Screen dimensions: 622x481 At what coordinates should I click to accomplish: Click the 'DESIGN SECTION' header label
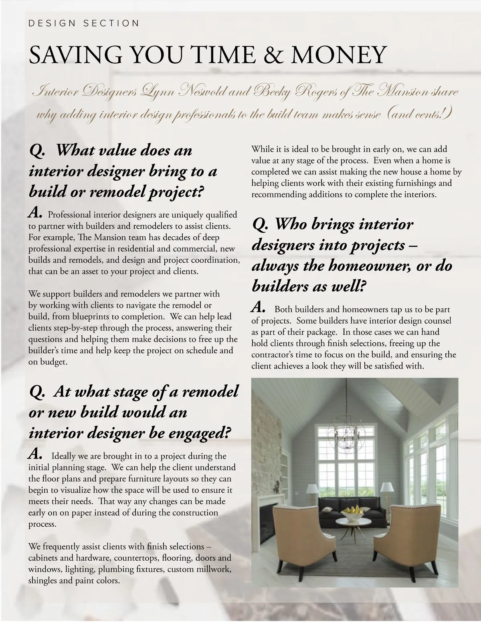coord(84,23)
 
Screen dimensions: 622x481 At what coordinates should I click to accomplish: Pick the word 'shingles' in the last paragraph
coord(42,580)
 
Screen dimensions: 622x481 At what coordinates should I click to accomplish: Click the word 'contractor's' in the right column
coord(275,354)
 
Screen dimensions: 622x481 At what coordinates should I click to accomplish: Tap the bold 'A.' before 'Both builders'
coord(259,308)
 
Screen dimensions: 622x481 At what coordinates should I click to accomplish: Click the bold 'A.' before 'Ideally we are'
coord(35,455)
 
